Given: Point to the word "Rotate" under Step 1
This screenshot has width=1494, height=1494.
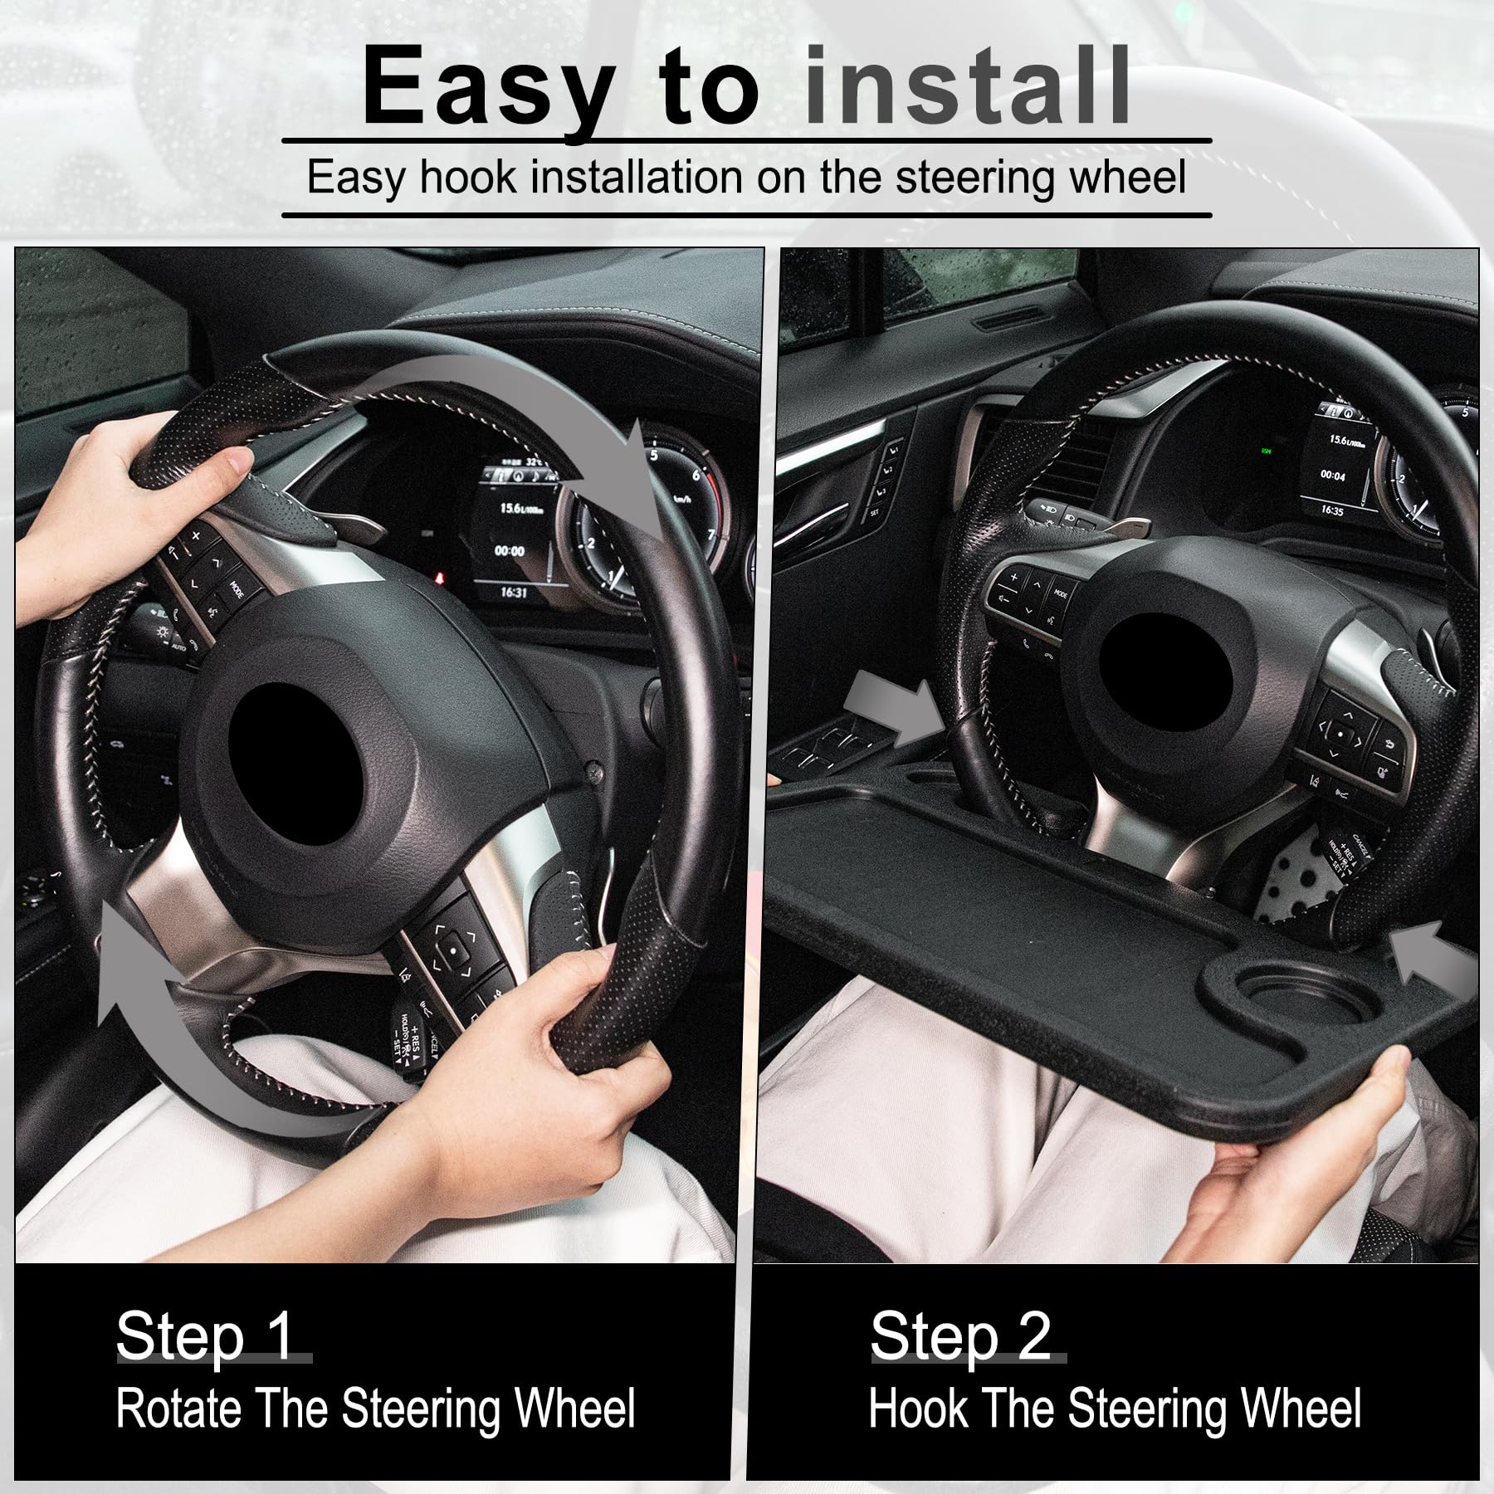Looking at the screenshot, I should tap(179, 1408).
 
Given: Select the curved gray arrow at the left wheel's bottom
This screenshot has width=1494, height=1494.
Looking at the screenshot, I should tap(207, 1037).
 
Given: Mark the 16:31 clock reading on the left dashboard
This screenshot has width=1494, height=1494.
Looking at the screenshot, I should tap(513, 593).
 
